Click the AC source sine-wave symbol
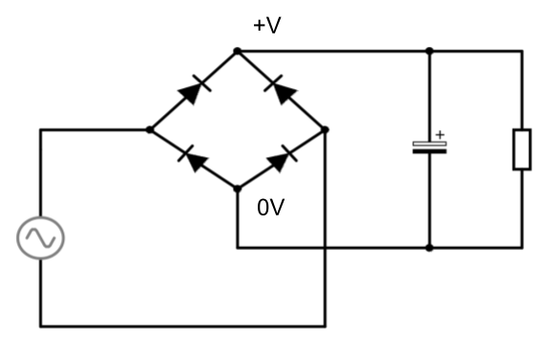pyautogui.click(x=40, y=236)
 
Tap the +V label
pyautogui.click(x=267, y=26)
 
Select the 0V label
pyautogui.click(x=270, y=207)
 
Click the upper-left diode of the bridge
pyautogui.click(x=193, y=90)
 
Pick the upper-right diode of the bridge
pyautogui.click(x=282, y=90)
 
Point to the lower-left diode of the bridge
pyautogui.click(x=194, y=159)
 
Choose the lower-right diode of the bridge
pyautogui.click(x=281, y=159)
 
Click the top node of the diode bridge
pyautogui.click(x=238, y=51)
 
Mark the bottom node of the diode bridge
pyautogui.click(x=238, y=189)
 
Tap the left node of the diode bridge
pyautogui.click(x=149, y=129)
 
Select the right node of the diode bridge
pyautogui.click(x=326, y=129)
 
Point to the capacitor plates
pyautogui.click(x=429, y=147)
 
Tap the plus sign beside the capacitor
pyautogui.click(x=440, y=135)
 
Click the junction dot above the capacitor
pyautogui.click(x=429, y=51)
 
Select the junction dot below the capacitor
pyautogui.click(x=429, y=248)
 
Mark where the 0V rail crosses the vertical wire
pyautogui.click(x=326, y=248)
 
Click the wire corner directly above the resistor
pyautogui.click(x=521, y=51)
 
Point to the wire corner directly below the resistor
pyautogui.click(x=521, y=248)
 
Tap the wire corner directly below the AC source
pyautogui.click(x=40, y=326)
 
